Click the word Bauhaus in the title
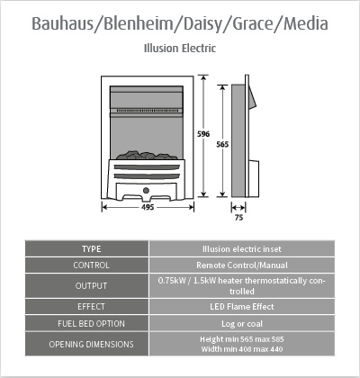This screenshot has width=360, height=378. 63,23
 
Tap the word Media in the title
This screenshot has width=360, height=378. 306,23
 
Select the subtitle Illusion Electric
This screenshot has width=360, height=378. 180,49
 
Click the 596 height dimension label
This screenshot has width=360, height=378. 203,134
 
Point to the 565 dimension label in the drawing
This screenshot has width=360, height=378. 222,145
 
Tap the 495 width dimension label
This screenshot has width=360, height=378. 148,207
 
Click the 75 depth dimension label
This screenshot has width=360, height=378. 238,218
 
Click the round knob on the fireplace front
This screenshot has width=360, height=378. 146,190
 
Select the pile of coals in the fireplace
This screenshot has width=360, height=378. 147,155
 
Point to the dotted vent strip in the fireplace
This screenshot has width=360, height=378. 147,111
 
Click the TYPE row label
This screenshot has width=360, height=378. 92,249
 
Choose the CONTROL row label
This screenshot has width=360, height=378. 91,265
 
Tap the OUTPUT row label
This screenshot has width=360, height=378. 91,286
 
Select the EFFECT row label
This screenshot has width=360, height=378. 91,307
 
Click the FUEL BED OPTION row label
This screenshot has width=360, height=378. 91,324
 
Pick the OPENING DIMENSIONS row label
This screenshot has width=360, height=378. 91,344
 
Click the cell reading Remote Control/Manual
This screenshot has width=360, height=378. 242,265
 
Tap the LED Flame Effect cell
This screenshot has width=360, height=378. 242,307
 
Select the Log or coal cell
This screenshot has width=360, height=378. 242,324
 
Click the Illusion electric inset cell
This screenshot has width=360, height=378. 242,249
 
